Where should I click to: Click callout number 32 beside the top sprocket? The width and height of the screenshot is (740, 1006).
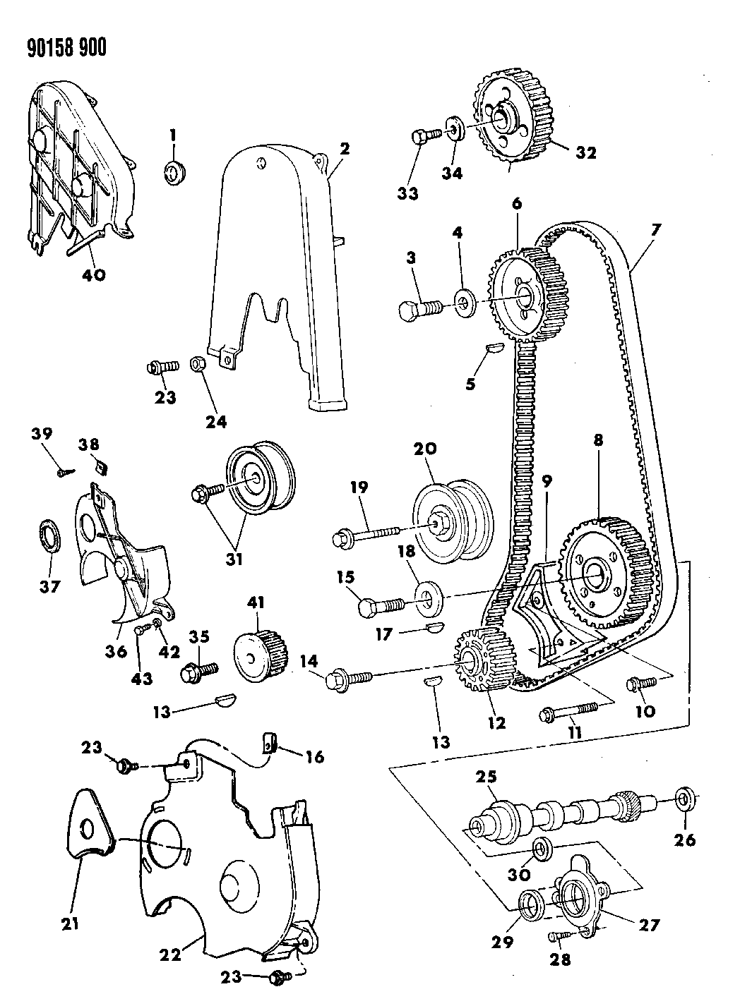585,152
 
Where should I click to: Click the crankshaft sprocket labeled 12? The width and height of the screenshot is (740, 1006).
480,660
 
